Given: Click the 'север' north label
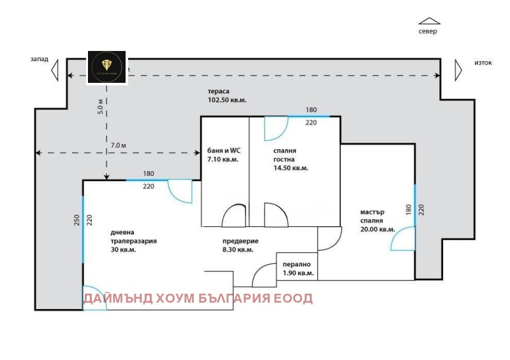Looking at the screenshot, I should coord(428,31).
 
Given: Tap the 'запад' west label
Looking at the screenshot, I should coord(39,59).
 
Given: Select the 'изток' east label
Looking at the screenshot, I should coord(483,62).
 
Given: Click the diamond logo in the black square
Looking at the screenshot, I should coord(106,66).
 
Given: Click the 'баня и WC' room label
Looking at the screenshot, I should coord(222,155).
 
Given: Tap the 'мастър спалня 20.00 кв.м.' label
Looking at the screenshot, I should coord(377,220).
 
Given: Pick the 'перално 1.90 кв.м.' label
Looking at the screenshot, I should coord(298,268).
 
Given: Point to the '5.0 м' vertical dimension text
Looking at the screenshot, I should coord(100,106).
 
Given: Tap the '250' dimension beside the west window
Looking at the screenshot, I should coord(76,220).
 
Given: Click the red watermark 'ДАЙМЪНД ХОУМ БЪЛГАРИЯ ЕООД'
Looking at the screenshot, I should coord(198,298).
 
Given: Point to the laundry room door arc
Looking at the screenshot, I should coord(263,276).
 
